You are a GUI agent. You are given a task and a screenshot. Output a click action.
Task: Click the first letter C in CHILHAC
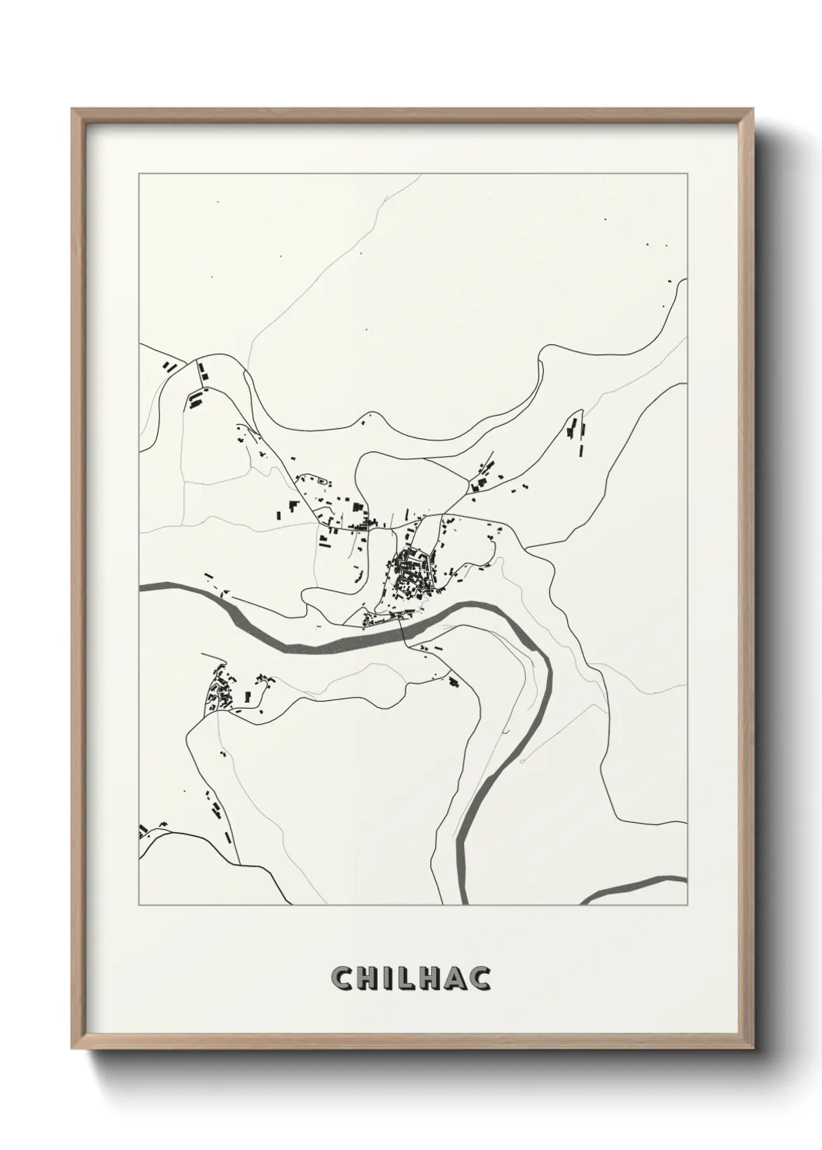tap(341, 978)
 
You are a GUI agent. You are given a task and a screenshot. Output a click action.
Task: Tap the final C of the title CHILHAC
tap(480, 978)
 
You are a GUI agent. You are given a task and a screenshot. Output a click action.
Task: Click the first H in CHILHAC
tap(365, 978)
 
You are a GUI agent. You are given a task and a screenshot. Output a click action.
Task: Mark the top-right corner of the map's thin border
tap(687, 173)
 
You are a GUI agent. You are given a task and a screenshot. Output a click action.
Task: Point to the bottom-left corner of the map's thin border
tap(139, 905)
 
